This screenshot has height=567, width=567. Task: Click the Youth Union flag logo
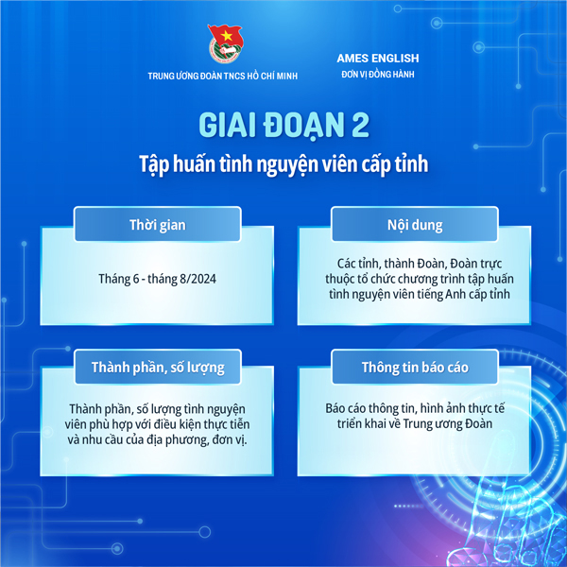point(226,43)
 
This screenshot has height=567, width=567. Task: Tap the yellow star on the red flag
point(227,35)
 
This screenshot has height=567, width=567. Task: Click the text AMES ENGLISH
point(378,59)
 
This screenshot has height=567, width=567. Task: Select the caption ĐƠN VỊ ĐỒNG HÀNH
point(378,74)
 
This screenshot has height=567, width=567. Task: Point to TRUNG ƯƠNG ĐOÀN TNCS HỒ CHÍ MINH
point(223,76)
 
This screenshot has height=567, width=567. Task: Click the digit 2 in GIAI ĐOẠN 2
point(360,125)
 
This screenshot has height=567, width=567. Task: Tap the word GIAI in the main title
point(227,125)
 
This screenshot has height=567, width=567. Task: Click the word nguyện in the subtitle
point(287,164)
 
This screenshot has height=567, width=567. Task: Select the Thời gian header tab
point(158,224)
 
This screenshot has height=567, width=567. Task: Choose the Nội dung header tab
point(415,224)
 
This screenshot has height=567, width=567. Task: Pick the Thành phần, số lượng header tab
point(158,367)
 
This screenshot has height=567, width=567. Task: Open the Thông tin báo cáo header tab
point(415,367)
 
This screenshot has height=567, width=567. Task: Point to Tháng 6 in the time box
point(119,279)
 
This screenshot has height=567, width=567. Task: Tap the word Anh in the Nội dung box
point(455,294)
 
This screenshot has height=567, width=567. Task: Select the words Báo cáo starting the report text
point(346,408)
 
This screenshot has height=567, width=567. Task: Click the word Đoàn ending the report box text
point(479,423)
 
